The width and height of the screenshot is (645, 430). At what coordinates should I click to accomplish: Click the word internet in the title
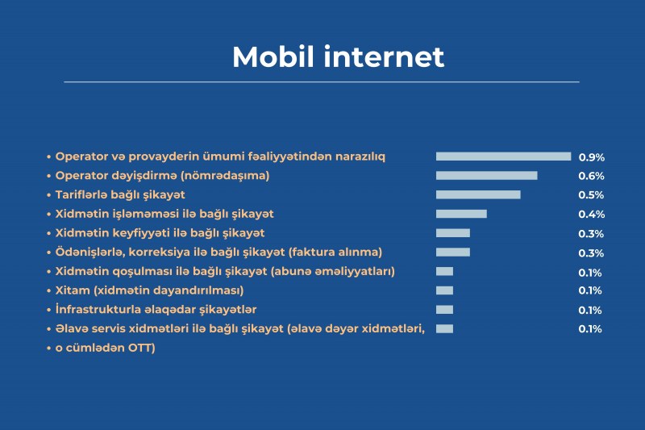[385, 56]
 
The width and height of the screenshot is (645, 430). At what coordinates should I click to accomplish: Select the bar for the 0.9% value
[503, 157]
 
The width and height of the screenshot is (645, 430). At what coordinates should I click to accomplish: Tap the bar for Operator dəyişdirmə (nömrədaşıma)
[487, 176]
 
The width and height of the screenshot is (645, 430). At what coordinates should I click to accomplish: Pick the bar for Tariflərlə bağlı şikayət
[478, 194]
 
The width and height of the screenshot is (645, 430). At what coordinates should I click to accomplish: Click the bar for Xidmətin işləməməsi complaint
[461, 214]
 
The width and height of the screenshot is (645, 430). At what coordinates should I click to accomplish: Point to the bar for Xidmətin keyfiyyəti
[453, 233]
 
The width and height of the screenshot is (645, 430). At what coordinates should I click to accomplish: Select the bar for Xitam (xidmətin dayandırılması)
[445, 290]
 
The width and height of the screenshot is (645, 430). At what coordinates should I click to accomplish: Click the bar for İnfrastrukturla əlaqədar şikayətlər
[445, 310]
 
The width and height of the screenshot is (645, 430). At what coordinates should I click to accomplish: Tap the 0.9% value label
[592, 157]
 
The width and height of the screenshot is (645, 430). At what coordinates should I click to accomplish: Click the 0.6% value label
[592, 176]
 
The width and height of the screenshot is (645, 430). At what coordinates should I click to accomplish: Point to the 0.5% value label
[591, 195]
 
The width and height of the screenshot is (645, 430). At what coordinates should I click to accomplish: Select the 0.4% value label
[592, 215]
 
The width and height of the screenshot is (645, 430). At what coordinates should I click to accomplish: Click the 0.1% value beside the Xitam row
[590, 290]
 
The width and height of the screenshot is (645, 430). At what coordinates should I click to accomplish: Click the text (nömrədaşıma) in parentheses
[225, 176]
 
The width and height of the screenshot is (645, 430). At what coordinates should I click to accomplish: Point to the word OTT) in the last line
[142, 349]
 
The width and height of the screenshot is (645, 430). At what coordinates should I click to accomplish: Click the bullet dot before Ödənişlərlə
[48, 253]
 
